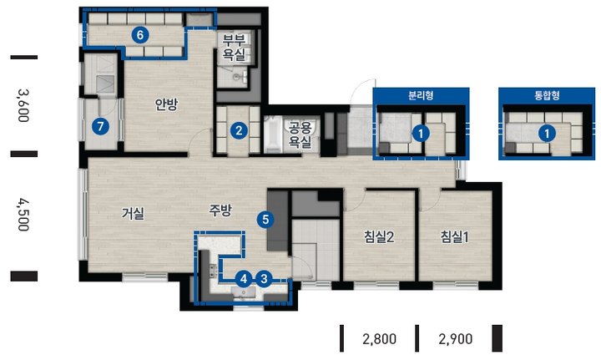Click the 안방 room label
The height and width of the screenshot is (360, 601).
[167, 104]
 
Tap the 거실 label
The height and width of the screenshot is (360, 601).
[133, 213]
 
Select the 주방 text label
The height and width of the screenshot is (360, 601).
[220, 210]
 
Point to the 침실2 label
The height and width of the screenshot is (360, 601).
[379, 237]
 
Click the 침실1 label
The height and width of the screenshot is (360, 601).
[454, 237]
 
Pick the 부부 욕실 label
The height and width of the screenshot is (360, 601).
[234, 48]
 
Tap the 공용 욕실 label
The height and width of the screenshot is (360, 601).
[300, 135]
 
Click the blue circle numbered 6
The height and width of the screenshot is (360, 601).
[140, 35]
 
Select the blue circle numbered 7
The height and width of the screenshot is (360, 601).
[100, 126]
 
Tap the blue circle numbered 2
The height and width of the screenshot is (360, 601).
[239, 131]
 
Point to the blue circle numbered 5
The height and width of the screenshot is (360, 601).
[265, 220]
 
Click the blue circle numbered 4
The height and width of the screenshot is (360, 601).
[244, 279]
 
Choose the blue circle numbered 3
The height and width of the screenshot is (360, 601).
[264, 279]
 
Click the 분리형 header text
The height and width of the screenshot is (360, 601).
[421, 95]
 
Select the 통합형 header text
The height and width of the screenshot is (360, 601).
[547, 95]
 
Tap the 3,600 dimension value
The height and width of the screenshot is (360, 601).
[23, 105]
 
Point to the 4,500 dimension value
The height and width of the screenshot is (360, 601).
[23, 215]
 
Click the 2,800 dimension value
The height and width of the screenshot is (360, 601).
[380, 339]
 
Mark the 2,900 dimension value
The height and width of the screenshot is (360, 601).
[456, 339]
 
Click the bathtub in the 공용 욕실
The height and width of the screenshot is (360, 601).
[272, 134]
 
